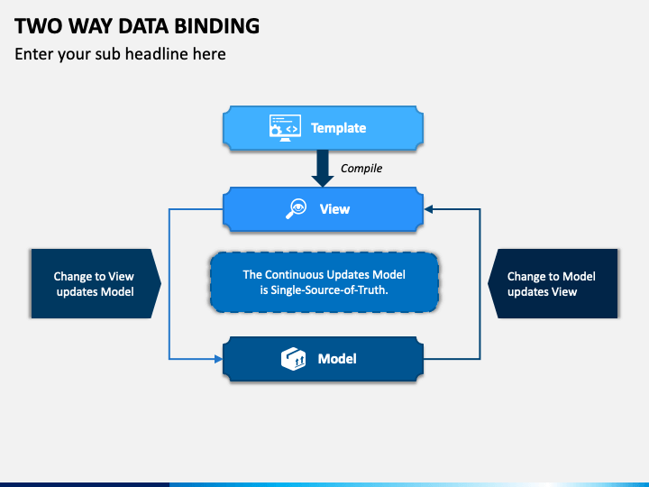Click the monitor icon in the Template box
285,128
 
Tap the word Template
339,128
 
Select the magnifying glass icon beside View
296,208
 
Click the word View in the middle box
334,209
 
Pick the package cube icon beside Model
294,359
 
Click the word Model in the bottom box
337,359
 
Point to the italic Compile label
361,169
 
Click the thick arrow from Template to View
323,168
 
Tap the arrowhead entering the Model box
218,359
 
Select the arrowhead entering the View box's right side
429,209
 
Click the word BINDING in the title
217,26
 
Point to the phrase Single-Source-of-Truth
329,289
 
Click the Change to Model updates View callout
553,284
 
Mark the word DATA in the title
143,26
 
